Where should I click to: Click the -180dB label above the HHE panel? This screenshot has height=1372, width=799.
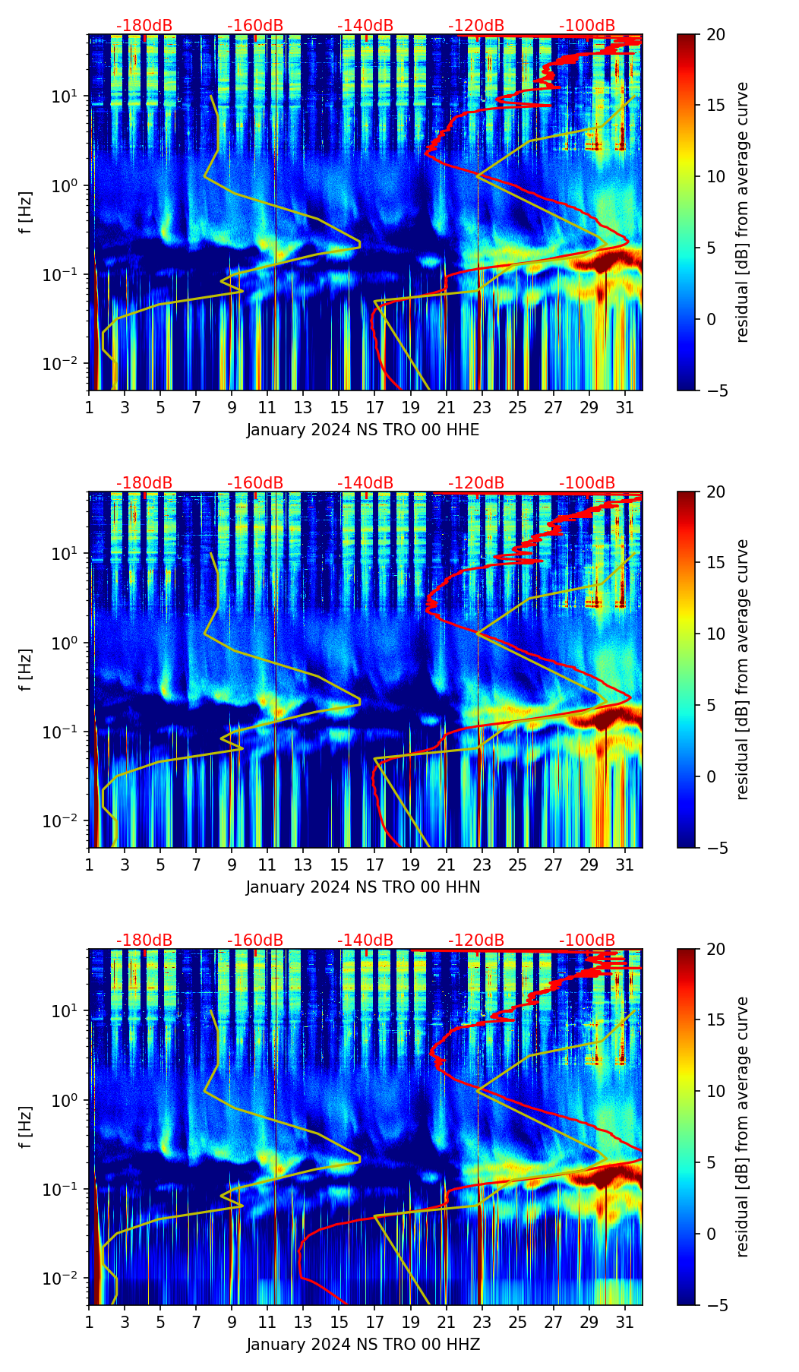[x=144, y=26]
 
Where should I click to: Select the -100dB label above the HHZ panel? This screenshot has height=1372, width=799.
[x=587, y=940]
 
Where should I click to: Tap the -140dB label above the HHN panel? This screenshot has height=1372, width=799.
[x=365, y=483]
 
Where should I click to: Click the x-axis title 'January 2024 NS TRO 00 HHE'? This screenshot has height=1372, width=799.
[x=363, y=430]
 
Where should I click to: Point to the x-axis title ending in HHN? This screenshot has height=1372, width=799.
[x=363, y=887]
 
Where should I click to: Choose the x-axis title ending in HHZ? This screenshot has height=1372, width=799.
[x=363, y=1345]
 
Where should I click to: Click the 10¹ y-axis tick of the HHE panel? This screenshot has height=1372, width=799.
[x=72, y=96]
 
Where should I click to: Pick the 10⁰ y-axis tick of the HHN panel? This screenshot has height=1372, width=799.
[x=72, y=643]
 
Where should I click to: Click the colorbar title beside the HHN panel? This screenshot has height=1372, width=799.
[x=743, y=669]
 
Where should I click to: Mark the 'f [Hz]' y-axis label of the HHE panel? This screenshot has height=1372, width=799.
[x=26, y=212]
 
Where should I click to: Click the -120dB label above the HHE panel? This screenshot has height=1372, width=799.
[x=476, y=26]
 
